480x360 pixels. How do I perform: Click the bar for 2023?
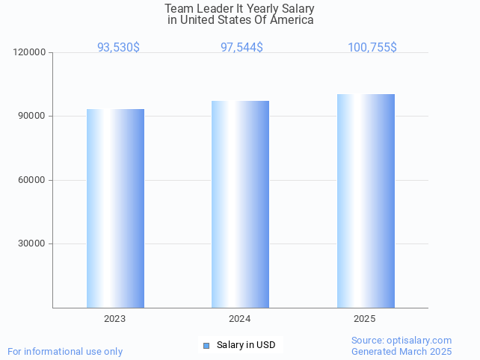point(115,208)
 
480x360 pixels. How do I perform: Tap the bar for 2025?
point(366,201)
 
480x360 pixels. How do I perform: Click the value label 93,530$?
point(118,48)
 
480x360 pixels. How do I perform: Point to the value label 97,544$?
point(241,48)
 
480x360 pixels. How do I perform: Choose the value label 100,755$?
point(372,48)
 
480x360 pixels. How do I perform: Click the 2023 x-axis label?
point(115,319)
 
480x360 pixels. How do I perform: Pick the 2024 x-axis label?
point(240,319)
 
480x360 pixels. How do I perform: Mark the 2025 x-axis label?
point(365,319)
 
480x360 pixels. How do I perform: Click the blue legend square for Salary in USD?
point(207,345)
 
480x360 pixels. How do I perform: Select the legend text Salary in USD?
point(246,345)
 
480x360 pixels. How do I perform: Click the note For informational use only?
point(65,351)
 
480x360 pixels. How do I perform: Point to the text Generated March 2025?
point(401,351)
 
